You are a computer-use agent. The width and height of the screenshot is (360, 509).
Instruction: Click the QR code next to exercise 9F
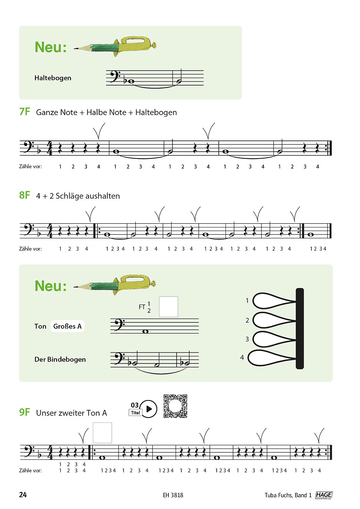[x=175, y=406]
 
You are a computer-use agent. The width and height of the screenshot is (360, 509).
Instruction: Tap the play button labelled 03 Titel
[x=148, y=409]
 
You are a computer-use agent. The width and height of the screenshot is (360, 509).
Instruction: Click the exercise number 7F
[x=24, y=112]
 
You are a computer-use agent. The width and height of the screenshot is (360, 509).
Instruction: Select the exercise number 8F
[x=24, y=195]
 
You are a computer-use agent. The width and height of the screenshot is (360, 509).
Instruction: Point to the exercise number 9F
[x=24, y=412]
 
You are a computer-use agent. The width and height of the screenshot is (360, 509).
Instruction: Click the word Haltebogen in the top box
[x=53, y=78]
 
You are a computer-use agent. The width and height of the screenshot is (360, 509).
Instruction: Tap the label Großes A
[x=67, y=326]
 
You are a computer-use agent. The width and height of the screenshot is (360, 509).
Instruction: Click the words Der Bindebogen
[x=60, y=359]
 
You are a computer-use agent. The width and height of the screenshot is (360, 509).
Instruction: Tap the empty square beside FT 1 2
[x=168, y=307]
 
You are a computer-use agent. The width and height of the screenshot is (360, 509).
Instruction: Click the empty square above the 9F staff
[x=102, y=433]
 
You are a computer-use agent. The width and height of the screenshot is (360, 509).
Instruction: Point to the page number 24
[x=23, y=495]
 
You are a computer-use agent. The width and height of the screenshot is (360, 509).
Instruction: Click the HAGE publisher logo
[x=324, y=495]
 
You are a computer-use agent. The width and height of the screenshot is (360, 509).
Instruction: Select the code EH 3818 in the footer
[x=173, y=495]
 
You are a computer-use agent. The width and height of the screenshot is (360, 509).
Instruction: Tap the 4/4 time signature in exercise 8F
[x=50, y=231]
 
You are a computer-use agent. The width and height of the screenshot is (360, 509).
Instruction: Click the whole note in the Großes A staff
[x=146, y=332]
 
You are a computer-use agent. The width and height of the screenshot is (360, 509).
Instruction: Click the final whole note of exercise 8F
[x=311, y=234]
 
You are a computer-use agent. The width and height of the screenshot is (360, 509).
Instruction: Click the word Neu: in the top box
[x=51, y=47]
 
